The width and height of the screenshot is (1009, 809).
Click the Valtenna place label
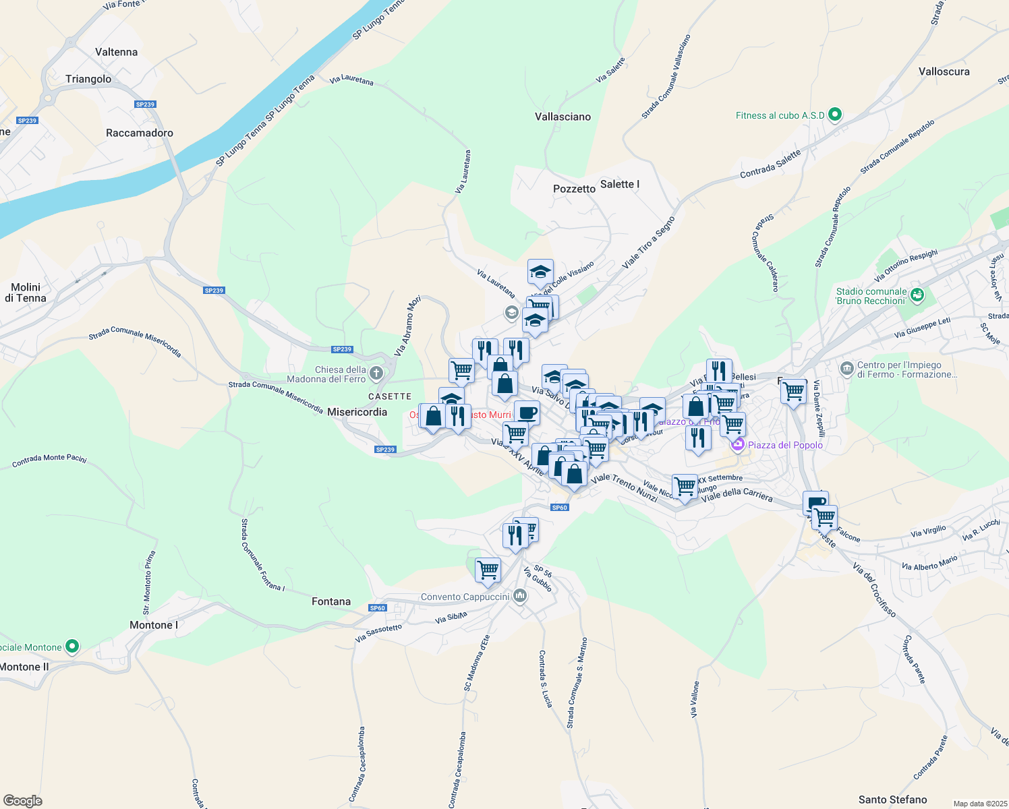click(x=117, y=52)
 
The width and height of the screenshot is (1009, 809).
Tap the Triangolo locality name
click(x=88, y=79)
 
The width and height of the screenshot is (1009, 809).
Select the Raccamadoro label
click(x=140, y=133)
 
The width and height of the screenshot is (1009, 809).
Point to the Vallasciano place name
click(x=563, y=117)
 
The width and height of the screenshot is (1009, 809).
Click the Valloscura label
click(x=944, y=71)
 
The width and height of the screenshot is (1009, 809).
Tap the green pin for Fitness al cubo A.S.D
click(x=835, y=115)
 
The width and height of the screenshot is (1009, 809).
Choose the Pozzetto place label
click(x=574, y=189)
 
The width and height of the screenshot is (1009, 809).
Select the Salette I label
click(x=620, y=184)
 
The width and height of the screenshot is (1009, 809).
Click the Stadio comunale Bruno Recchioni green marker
click(x=917, y=295)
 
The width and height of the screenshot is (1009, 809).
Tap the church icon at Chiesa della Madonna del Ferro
click(x=376, y=373)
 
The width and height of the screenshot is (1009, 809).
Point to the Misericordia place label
click(x=357, y=412)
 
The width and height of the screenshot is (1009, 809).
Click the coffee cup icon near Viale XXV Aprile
click(x=527, y=412)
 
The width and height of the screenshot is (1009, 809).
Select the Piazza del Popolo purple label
click(x=785, y=445)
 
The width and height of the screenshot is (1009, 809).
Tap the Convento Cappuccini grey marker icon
click(x=519, y=596)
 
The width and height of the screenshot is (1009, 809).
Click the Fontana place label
click(x=331, y=601)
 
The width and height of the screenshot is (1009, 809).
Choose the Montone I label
click(x=154, y=625)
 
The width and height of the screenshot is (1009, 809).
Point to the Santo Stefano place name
click(x=892, y=800)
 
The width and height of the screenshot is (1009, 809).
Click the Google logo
click(x=23, y=801)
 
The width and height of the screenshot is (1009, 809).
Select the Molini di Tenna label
click(x=26, y=293)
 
